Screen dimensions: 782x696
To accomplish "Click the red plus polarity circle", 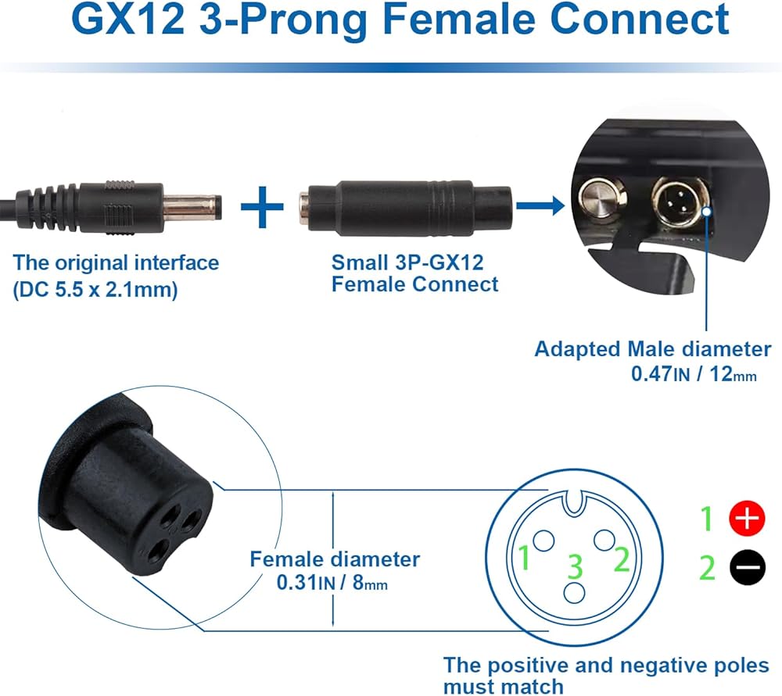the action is point(747,519).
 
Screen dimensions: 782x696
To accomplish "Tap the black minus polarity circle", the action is point(747,568).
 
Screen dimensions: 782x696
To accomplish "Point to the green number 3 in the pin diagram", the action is point(575,566).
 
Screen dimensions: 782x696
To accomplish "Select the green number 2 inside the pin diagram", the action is point(622,559).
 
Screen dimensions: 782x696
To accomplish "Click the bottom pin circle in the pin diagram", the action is point(574,592).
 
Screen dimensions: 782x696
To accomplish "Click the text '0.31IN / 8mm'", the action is point(332,582).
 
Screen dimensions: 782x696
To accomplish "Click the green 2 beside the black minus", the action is point(707,568).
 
